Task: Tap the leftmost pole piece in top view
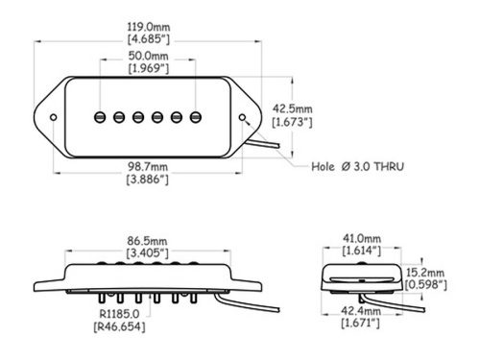point(98,118)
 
